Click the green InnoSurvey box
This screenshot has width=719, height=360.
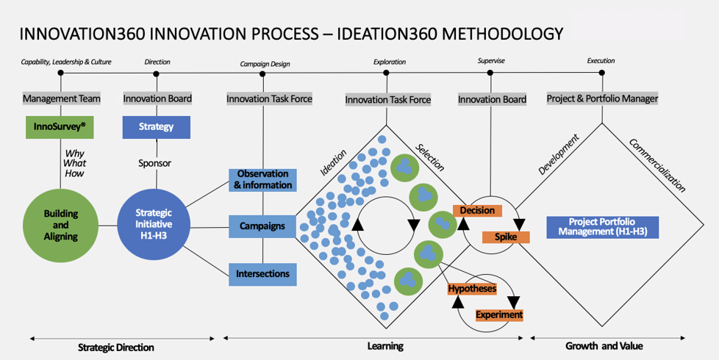[x=60, y=127]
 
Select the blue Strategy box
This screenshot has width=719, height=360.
[x=157, y=127]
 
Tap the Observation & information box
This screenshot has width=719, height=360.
[x=262, y=180]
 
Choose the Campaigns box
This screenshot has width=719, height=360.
[x=262, y=226]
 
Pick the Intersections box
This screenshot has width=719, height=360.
[x=262, y=274]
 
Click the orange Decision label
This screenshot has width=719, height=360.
[x=477, y=211]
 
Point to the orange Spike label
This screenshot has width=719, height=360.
[x=506, y=237]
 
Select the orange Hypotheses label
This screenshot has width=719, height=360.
[x=472, y=289]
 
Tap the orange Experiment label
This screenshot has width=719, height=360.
[x=499, y=314]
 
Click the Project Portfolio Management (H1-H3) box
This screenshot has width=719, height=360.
[x=603, y=227]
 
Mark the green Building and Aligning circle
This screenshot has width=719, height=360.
[x=60, y=226]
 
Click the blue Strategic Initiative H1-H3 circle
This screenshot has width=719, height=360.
[x=154, y=224]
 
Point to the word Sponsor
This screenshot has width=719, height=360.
[x=155, y=163]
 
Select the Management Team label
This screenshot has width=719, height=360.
[x=62, y=98]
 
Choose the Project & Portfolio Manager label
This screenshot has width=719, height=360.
[x=603, y=98]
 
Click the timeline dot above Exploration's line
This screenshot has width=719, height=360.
[x=387, y=73]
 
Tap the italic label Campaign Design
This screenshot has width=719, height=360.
[x=265, y=64]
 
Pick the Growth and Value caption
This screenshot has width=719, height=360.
[x=604, y=346]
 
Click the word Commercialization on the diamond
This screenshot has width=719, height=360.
[x=657, y=165]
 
